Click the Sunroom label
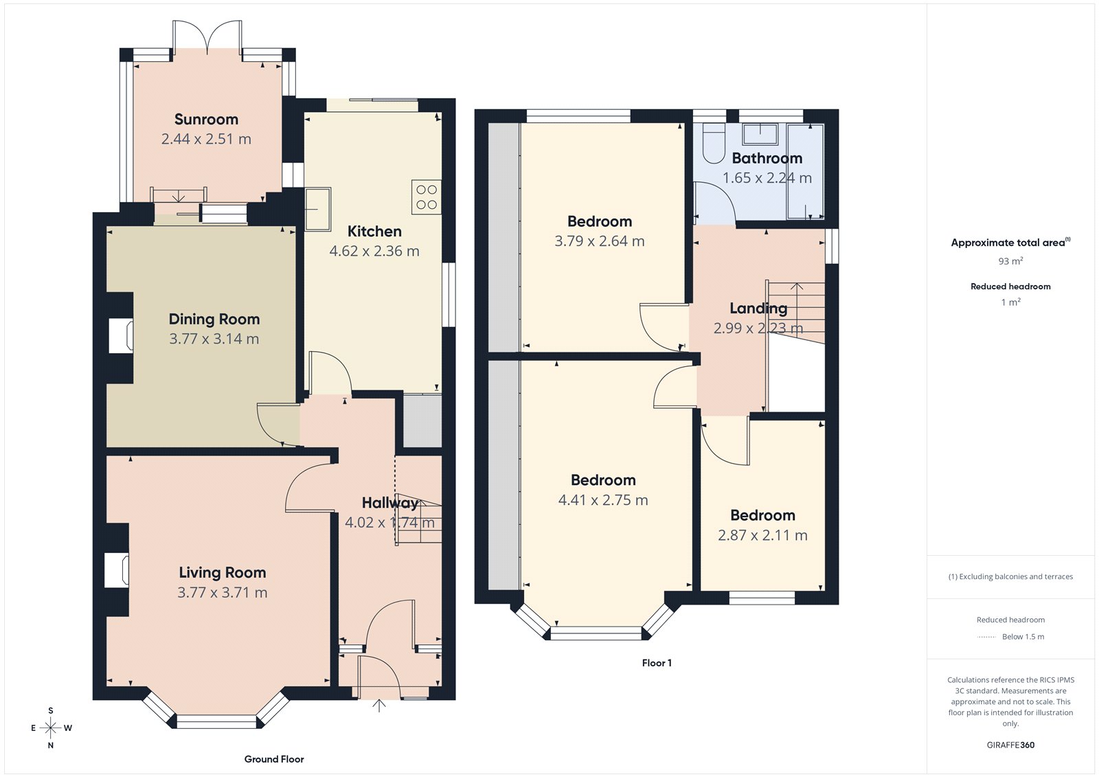pos(206,120)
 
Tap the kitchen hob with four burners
pos(426,197)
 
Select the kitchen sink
pos(317,209)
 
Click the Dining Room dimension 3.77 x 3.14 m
pos(214,339)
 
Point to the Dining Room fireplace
pos(121,337)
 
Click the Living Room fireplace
pos(116,570)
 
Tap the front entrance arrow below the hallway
pos(378,706)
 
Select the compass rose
pos(51,728)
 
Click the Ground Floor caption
pos(274,759)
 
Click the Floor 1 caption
pos(657,663)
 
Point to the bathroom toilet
pos(714,144)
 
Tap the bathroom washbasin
pos(760,135)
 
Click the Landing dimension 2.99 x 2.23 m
pos(758,328)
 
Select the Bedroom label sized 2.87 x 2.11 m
pos(762,515)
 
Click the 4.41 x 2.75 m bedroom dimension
pos(603,500)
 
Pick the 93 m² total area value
pos(1010,261)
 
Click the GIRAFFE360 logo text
pos(1010,745)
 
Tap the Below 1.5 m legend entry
pos(1023,637)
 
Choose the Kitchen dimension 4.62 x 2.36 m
pos(374,251)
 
